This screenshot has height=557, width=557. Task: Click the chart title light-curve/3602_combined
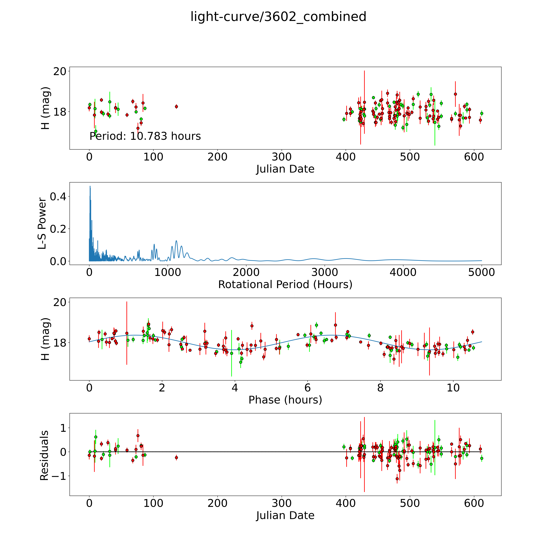[278, 17]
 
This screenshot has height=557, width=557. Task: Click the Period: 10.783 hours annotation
[145, 136]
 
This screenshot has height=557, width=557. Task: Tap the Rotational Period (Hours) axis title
[285, 285]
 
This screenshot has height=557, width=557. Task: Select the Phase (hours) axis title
[285, 400]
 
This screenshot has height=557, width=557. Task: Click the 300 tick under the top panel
[282, 157]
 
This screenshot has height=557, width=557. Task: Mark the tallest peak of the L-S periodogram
[90, 186]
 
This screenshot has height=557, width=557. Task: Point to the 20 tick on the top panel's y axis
[60, 71]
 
